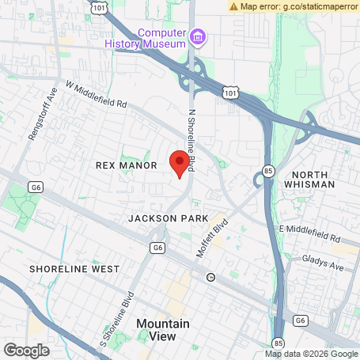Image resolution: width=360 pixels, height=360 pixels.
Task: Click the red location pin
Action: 180,163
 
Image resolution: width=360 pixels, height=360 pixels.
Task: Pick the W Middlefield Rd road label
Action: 96,93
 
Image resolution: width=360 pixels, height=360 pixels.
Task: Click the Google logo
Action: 26,350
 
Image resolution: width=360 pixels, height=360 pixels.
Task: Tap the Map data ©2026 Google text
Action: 311,354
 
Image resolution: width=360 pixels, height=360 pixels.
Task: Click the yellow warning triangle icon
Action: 234,6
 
